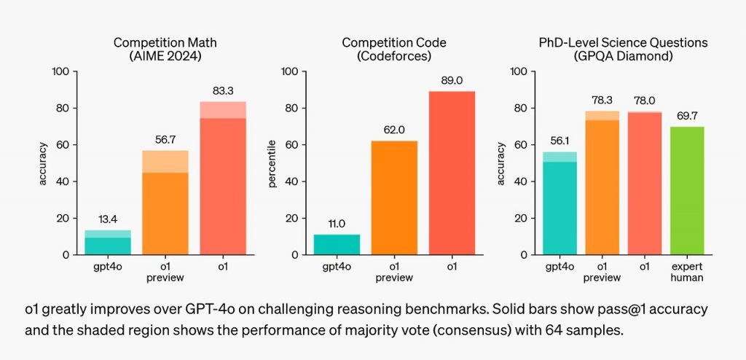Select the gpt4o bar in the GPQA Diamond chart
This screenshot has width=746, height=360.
pyautogui.click(x=559, y=208)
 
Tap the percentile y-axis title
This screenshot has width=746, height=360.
pyautogui.click(x=273, y=164)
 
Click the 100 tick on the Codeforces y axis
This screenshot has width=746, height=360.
pyautogui.click(x=289, y=71)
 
